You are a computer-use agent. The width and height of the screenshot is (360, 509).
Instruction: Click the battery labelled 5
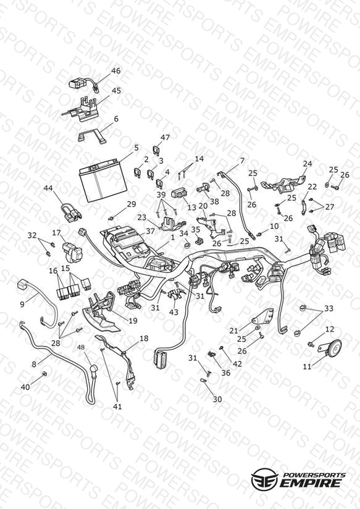[103, 180]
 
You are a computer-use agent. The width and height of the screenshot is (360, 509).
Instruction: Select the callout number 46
[116, 71]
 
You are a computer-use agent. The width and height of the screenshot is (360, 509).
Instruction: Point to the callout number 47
[165, 137]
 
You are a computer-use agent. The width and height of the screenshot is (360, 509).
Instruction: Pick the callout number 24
[307, 164]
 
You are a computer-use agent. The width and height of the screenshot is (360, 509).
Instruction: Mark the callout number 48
[81, 347]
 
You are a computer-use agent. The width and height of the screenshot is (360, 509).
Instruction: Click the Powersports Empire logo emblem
[265, 479]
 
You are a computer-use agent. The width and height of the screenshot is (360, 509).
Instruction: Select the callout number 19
[133, 321]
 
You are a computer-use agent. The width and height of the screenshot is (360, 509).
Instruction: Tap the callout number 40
[25, 387]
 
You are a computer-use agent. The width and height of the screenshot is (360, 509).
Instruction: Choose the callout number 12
[330, 329]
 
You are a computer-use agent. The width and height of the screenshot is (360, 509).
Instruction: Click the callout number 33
[329, 308]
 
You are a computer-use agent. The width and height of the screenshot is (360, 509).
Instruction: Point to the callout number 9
[22, 304]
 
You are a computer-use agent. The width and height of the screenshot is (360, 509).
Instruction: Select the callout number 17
[56, 233]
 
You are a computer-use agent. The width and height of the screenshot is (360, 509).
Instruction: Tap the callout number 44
[48, 188]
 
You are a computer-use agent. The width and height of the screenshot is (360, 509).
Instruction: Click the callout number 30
[217, 399]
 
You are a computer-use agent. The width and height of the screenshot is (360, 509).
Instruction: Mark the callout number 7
[242, 161]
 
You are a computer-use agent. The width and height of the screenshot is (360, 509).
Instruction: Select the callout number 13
[192, 208]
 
